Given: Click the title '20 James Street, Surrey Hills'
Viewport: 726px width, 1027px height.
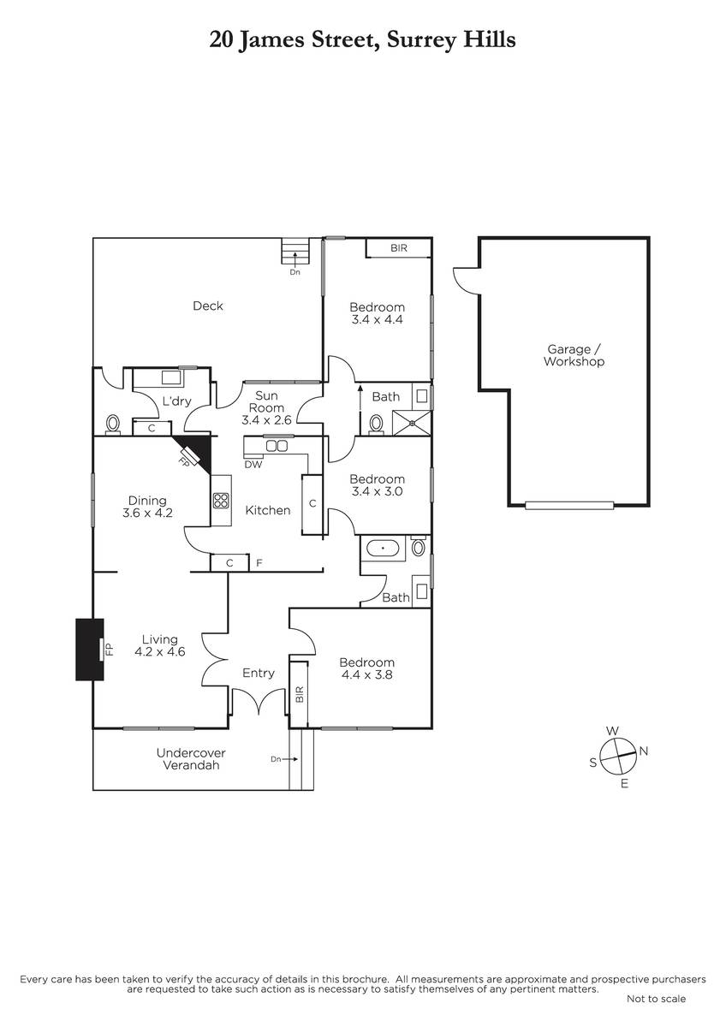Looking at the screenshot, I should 362,39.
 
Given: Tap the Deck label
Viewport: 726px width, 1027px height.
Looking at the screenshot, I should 207,306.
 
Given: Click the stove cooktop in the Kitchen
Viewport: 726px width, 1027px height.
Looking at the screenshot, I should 221,500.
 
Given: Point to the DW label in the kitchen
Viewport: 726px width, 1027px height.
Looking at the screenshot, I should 253,465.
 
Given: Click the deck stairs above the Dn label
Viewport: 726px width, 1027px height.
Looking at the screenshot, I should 295,252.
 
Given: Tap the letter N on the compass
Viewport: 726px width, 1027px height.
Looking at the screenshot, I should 644,751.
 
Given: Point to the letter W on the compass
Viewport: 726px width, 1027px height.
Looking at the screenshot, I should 612,730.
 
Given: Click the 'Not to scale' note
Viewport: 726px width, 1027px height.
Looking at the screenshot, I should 656,999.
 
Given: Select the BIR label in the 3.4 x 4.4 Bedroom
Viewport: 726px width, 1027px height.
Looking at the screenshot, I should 398,248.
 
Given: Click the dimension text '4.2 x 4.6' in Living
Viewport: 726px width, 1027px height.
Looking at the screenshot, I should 160,651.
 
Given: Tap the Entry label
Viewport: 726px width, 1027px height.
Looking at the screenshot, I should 258,673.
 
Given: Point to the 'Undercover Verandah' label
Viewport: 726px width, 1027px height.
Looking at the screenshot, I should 191,759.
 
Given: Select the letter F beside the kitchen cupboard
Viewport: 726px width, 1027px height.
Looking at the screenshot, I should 259,562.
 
